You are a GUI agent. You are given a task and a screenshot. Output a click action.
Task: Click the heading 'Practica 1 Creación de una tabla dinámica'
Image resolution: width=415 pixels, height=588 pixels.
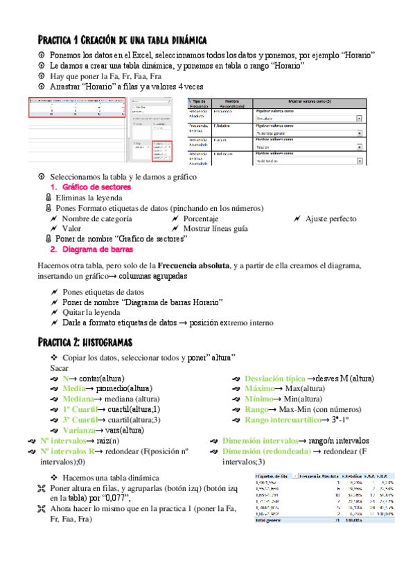tap(121, 40)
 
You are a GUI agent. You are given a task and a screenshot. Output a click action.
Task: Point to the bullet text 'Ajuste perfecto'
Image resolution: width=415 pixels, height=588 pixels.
tap(331, 218)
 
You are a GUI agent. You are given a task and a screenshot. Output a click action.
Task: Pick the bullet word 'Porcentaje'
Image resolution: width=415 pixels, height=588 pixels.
tap(206, 218)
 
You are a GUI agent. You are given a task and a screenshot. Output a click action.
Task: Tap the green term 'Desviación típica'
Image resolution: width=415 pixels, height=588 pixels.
tap(275, 379)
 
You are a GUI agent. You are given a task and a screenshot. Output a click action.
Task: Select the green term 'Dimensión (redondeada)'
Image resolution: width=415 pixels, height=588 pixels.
tap(266, 451)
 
